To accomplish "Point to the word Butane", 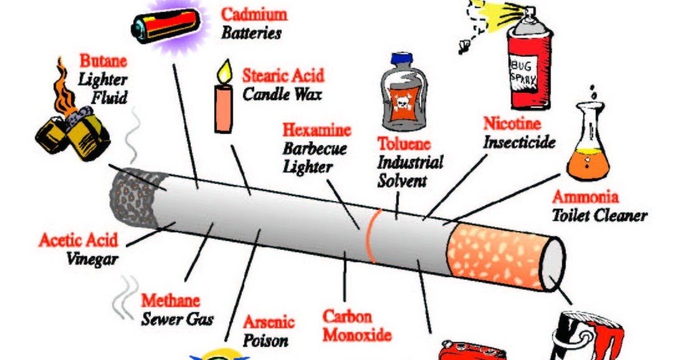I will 103,62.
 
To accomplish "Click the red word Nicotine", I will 512,125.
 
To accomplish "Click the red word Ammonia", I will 586,197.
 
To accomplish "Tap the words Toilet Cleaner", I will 599,216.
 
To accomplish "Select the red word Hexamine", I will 317,131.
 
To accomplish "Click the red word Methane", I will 170,301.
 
